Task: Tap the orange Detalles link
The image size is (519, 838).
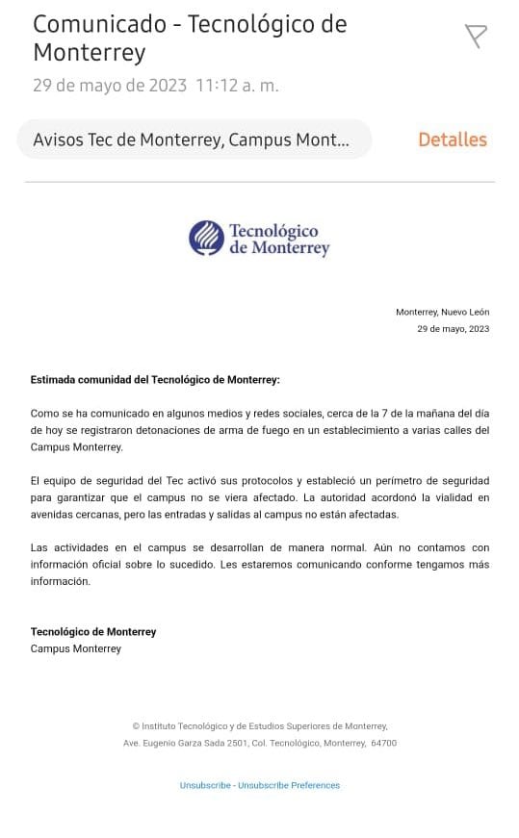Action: pos(452,140)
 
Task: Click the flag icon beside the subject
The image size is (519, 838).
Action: pos(476,37)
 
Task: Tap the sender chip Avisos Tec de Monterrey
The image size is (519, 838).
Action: pos(193,140)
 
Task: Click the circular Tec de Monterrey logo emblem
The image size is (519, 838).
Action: pos(206,238)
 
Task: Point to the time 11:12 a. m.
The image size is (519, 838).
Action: pos(237,86)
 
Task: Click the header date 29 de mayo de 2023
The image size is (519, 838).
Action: pos(110,86)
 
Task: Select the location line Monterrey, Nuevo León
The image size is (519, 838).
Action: pos(442,312)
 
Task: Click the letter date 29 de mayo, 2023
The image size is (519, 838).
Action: pos(453,329)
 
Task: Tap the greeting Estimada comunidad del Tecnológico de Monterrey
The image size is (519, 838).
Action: pos(155,380)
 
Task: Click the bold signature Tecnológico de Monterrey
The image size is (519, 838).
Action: pos(93,632)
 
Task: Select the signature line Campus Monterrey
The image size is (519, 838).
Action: pos(76,648)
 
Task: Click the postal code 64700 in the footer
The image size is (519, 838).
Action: pos(383,743)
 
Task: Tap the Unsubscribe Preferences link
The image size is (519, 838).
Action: pos(289,785)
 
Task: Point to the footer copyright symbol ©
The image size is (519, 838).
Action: pos(136,726)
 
